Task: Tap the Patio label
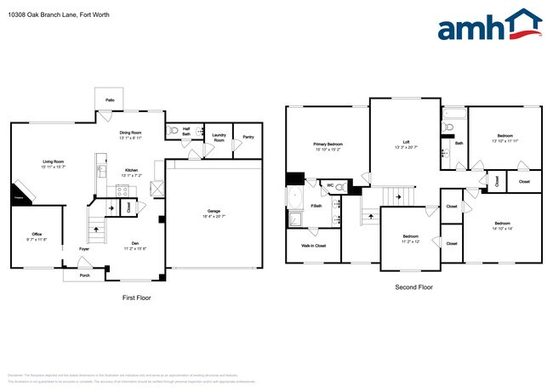(110, 100)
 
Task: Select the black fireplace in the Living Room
(20, 195)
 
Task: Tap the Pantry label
(248, 137)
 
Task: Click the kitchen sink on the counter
(101, 169)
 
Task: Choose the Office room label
(37, 235)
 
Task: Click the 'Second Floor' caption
(413, 287)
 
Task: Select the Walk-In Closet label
(313, 246)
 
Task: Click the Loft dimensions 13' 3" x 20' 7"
(407, 147)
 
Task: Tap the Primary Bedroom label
(328, 146)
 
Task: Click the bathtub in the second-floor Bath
(450, 115)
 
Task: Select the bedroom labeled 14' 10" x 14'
(501, 227)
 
